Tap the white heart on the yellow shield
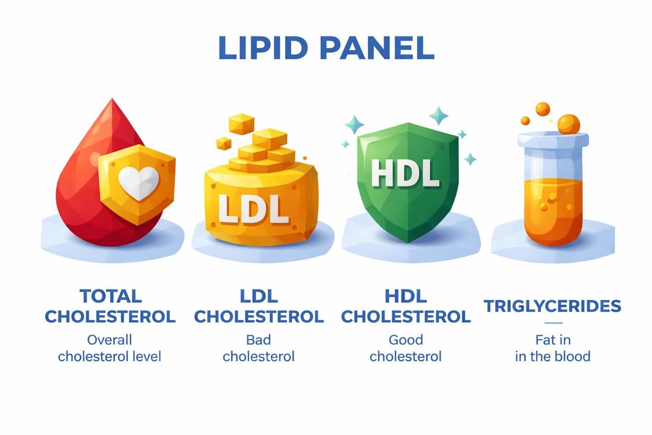[x=139, y=181]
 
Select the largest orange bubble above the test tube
[x=568, y=124]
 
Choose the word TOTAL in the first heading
[x=110, y=296]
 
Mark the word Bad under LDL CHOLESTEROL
[x=259, y=340]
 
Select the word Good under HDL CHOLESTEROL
[x=405, y=340]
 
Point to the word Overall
[x=110, y=340]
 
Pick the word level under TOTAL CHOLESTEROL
[x=147, y=357]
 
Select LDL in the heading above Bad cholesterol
[x=259, y=296]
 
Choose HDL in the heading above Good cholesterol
[x=405, y=296]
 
